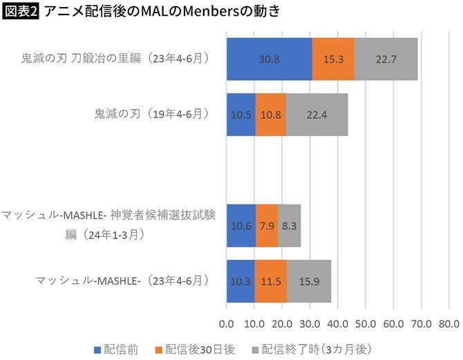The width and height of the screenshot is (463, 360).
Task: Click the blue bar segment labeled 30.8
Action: click(269, 59)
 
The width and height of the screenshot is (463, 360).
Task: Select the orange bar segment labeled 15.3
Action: click(333, 59)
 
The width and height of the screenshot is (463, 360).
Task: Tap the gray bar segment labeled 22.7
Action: click(386, 59)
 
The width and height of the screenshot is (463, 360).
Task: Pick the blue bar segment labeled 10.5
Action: click(241, 114)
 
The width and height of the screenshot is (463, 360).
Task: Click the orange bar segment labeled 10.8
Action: click(270, 114)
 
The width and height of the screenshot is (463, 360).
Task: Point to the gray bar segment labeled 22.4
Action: click(316, 114)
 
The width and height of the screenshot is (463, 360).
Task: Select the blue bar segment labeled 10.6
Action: click(241, 226)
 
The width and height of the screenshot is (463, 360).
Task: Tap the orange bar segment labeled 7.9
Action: click(267, 226)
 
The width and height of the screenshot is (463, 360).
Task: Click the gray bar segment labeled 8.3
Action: click(289, 226)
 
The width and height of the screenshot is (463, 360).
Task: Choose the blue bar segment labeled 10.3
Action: click(240, 282)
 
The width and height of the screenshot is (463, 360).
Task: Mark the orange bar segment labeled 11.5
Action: click(271, 282)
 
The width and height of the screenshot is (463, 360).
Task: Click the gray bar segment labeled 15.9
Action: click(309, 282)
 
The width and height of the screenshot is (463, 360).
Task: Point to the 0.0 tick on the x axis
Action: click(227, 323)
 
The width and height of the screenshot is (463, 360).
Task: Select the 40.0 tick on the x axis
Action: click(338, 323)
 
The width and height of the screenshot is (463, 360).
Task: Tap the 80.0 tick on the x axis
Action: click(448, 323)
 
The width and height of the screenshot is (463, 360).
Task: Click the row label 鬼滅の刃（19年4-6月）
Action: click(151, 114)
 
